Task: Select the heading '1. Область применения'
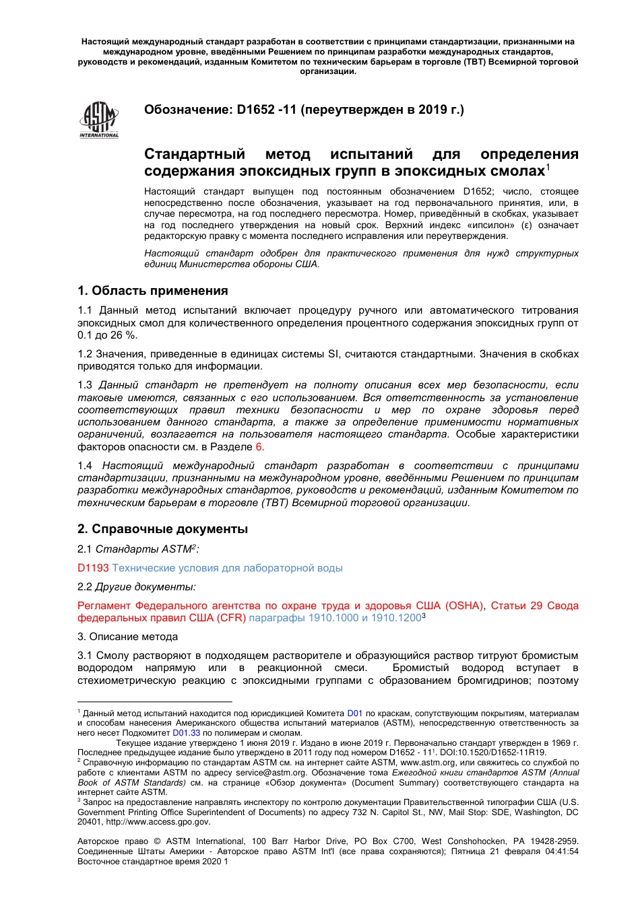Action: (153, 291)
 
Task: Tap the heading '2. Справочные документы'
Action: (162, 529)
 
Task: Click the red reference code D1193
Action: (93, 568)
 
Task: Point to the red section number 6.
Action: (259, 447)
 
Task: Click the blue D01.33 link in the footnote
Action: (187, 732)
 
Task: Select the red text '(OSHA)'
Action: (465, 606)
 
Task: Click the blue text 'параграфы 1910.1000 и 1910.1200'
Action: (335, 618)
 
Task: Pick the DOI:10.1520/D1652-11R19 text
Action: (493, 753)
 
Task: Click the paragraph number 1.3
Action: (85, 385)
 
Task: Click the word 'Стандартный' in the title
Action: (195, 154)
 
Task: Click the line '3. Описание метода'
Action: (127, 637)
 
